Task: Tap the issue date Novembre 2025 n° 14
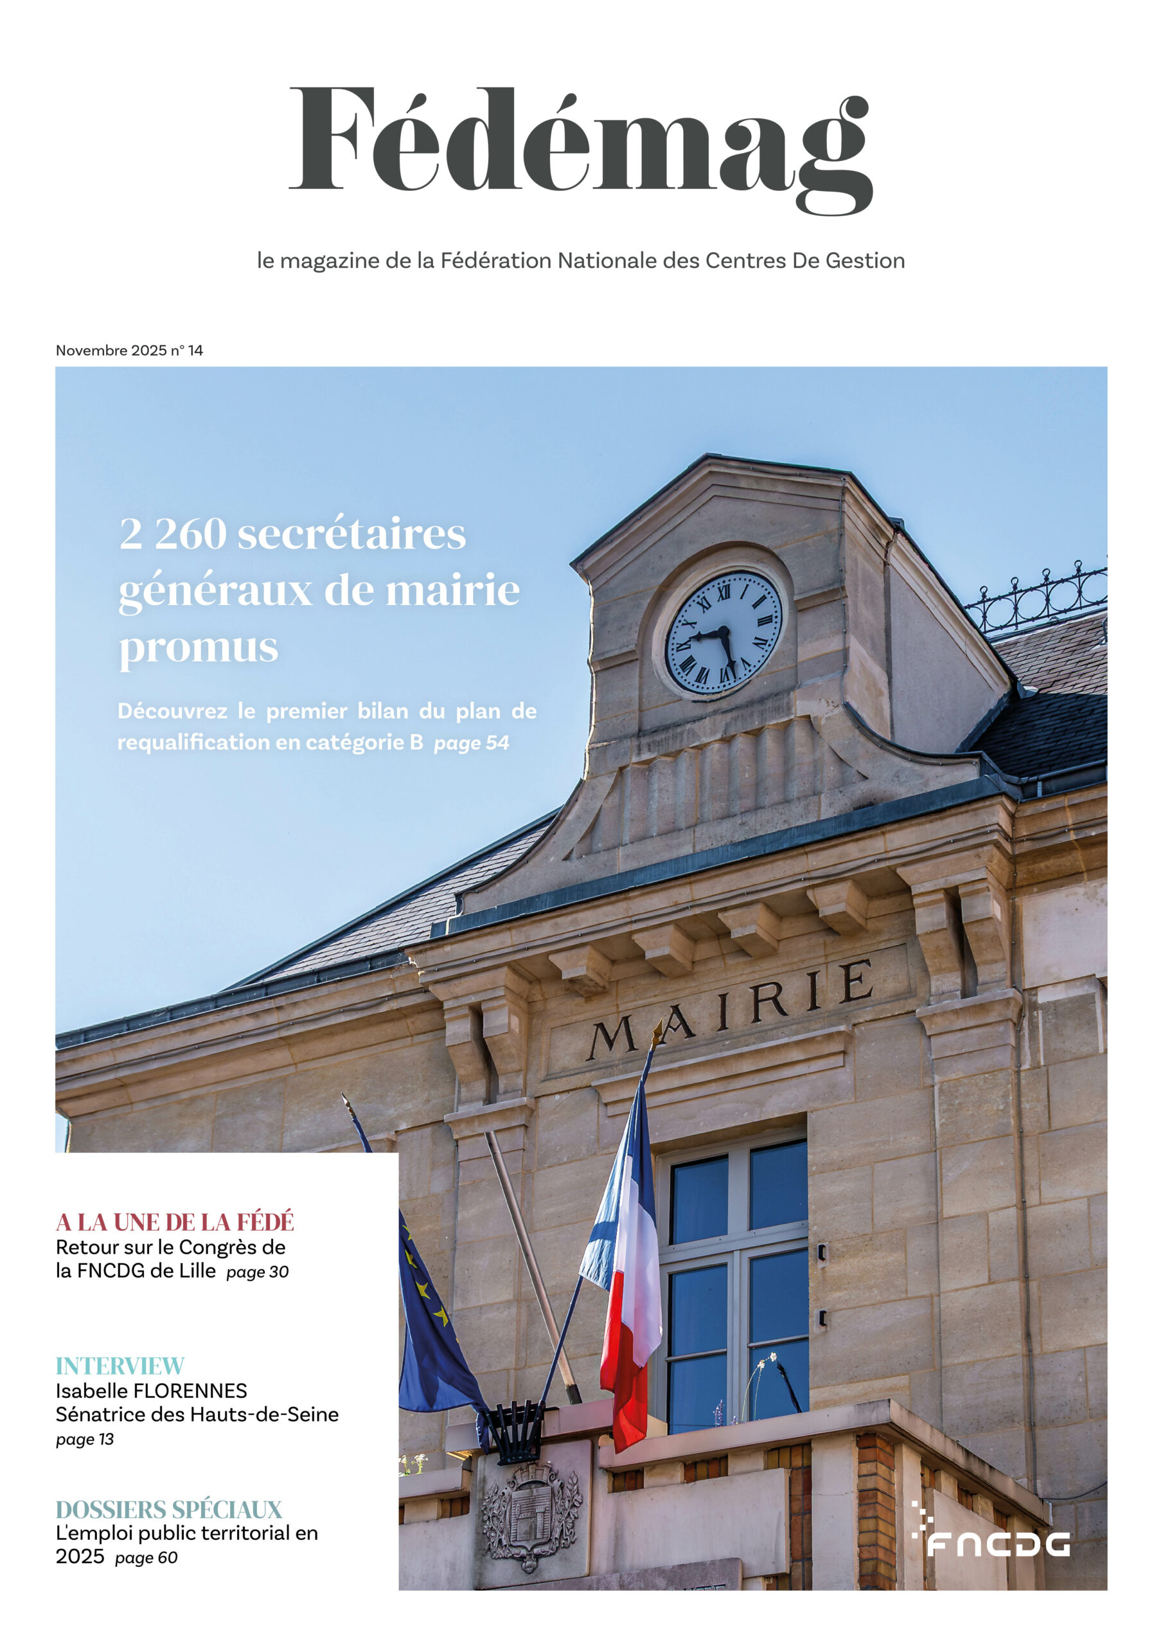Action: point(130,350)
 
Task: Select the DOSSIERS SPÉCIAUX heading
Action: point(169,1509)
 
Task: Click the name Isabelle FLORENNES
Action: point(151,1391)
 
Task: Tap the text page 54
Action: point(471,743)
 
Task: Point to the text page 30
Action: point(257,1272)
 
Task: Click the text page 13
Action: point(85,1440)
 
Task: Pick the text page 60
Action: point(146,1558)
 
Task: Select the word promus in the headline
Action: point(199,647)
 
